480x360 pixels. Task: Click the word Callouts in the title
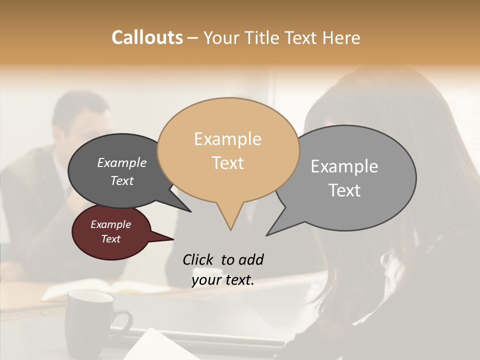(x=147, y=37)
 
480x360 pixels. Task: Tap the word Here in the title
(x=341, y=37)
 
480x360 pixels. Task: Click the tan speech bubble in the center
(x=228, y=150)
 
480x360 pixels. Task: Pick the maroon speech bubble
(x=111, y=232)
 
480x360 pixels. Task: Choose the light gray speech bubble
(x=350, y=177)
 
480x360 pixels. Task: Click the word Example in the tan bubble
(x=227, y=139)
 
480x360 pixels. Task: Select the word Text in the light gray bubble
(x=344, y=190)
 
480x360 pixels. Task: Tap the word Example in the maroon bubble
(x=111, y=224)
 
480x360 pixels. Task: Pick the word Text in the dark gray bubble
(x=122, y=180)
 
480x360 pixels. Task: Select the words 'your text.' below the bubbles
(x=223, y=280)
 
